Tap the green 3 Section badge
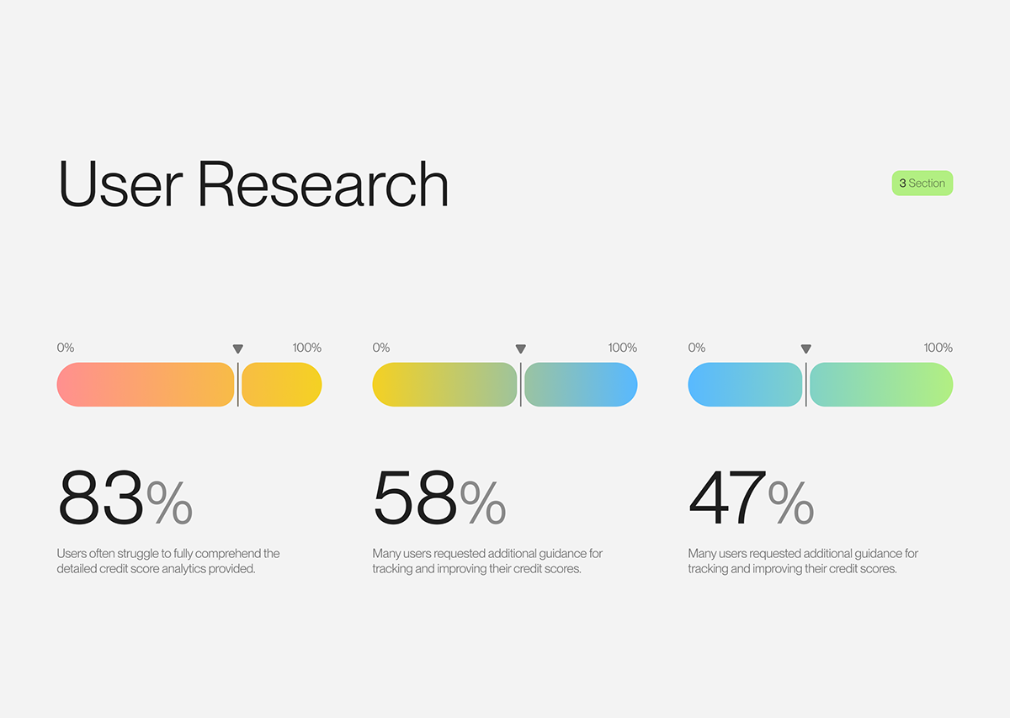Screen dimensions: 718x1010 922,183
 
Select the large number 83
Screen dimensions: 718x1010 101,497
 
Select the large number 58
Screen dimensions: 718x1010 416,497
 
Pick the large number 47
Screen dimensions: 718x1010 727,497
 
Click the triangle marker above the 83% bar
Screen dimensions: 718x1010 238,348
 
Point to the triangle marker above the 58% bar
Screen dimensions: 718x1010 521,348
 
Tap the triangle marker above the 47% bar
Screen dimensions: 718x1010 806,348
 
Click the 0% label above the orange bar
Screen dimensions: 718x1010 66,348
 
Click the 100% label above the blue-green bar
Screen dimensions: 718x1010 938,348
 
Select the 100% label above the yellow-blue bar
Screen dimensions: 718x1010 622,348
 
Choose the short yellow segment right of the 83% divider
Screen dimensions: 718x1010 281,385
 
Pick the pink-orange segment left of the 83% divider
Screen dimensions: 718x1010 146,385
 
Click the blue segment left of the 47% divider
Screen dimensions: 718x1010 745,385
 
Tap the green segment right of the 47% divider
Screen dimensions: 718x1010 881,385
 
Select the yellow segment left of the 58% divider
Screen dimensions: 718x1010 444,385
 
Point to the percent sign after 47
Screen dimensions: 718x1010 791,503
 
